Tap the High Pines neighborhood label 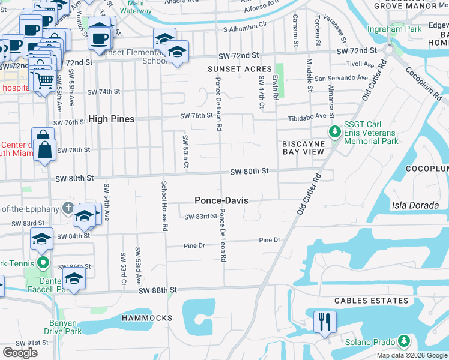(x=111, y=119)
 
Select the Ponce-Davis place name (x=221, y=200)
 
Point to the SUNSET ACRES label (x=240, y=69)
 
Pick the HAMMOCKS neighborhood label (x=146, y=317)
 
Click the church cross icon (x=68, y=208)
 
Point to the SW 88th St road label (x=158, y=290)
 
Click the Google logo (x=20, y=352)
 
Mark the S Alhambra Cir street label (x=244, y=28)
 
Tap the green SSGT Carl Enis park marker (x=334, y=131)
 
